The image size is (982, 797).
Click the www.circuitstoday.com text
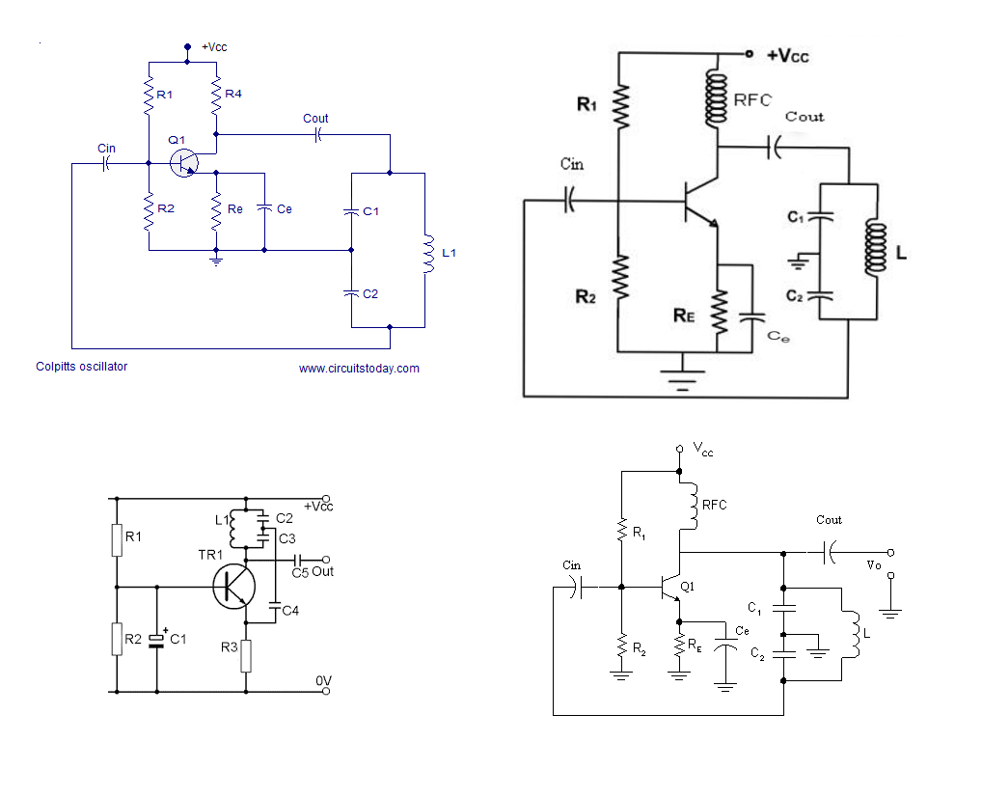[359, 369]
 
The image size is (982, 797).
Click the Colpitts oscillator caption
[81, 367]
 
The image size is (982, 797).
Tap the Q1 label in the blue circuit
[177, 141]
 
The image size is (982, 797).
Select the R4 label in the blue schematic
[232, 95]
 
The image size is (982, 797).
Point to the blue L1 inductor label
[449, 254]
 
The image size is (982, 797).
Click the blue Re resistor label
[234, 209]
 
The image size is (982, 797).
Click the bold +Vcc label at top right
[787, 56]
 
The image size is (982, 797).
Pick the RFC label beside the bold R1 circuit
[752, 99]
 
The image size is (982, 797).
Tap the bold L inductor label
[901, 254]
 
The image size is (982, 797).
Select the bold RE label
[686, 314]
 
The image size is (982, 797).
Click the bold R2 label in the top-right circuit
[586, 297]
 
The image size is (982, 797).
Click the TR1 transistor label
[210, 555]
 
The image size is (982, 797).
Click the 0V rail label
[324, 681]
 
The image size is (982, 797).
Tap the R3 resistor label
[229, 647]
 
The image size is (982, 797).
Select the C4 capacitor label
[290, 610]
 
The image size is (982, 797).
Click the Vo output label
[874, 565]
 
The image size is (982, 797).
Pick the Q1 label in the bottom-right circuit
[687, 587]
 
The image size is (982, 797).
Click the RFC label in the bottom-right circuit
[714, 505]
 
